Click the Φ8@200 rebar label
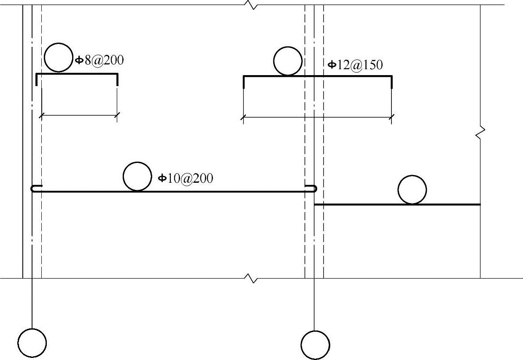point(100,60)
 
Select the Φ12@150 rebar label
point(355,65)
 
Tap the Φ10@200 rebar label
point(186,179)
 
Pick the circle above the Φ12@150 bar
point(288,61)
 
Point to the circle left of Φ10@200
point(137,176)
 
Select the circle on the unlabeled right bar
point(412,190)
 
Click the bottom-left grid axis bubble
point(32,342)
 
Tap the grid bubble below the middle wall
point(315,345)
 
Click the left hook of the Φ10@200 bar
point(34,189)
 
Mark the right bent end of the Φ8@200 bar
point(117,80)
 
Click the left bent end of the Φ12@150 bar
point(244,83)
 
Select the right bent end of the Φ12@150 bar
point(392,83)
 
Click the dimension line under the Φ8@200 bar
point(79,114)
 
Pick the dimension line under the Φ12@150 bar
point(318,117)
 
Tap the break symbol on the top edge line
point(251,5)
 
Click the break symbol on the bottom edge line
point(251,279)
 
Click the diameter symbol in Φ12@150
point(332,65)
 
